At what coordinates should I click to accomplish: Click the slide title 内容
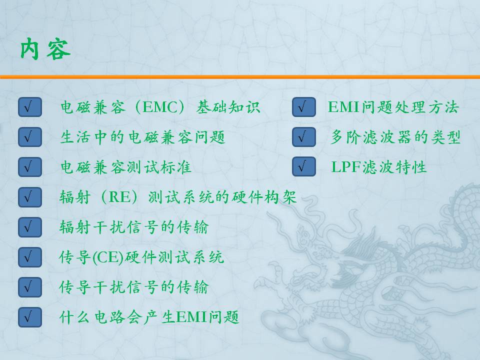point(45,48)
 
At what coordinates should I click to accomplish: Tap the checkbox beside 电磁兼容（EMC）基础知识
point(29,107)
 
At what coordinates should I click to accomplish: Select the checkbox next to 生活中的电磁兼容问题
point(29,137)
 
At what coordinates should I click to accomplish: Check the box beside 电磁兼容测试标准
point(29,167)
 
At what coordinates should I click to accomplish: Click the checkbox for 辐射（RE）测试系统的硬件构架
point(29,197)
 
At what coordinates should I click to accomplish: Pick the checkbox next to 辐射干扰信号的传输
point(29,227)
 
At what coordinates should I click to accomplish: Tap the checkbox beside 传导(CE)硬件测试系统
point(29,257)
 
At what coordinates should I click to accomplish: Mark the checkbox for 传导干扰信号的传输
point(29,287)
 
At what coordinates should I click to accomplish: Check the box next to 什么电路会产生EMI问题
point(29,317)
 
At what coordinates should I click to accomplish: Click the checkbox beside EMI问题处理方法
point(303,107)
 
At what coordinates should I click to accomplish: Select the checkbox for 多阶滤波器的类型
point(303,137)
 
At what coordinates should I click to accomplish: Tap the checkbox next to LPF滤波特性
point(303,166)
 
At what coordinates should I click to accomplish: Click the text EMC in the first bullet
point(160,107)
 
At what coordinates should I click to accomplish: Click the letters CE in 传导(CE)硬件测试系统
point(107,257)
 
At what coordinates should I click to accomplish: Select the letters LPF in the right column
point(346,167)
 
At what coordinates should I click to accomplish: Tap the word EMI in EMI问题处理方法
point(344,107)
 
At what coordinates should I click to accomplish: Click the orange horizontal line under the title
point(240,77)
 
